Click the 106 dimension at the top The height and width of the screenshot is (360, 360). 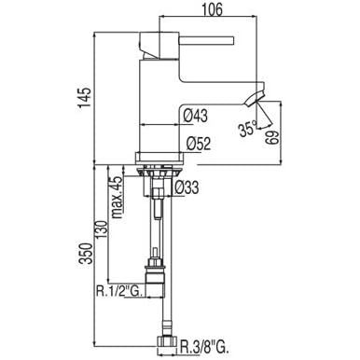point(213,9)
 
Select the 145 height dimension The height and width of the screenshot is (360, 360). point(85,98)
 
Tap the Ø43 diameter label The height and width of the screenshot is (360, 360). point(195,117)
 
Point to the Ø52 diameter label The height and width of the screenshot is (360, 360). point(199,144)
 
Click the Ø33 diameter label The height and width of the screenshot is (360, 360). point(187,187)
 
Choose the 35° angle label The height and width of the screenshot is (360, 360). point(248,130)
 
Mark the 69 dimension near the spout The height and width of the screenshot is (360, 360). point(271,137)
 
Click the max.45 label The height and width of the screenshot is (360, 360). point(117,198)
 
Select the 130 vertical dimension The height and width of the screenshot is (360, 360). point(103,230)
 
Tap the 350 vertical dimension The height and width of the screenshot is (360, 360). point(86,254)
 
